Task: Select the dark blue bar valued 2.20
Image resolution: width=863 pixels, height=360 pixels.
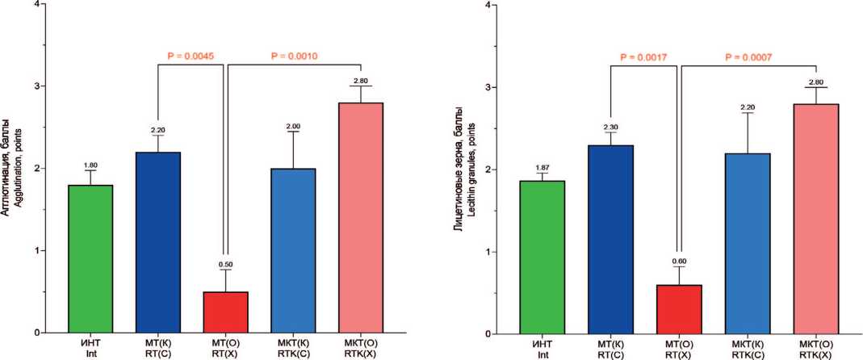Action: point(158,242)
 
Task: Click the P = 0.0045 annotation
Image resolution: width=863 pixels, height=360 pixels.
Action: point(191,57)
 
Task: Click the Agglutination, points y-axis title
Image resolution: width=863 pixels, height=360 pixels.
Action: point(18,168)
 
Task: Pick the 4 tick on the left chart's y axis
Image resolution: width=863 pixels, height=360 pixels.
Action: point(33,4)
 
